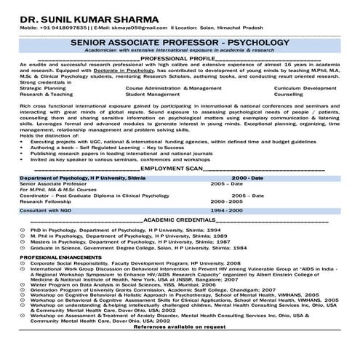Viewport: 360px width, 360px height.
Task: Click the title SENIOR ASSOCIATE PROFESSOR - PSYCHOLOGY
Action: point(180,43)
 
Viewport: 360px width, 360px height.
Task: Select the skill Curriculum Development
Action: point(305,87)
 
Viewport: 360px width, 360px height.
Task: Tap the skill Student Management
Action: point(154,94)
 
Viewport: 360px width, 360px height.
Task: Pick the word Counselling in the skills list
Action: point(289,94)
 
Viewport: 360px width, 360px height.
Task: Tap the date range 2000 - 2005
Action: point(226,201)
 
